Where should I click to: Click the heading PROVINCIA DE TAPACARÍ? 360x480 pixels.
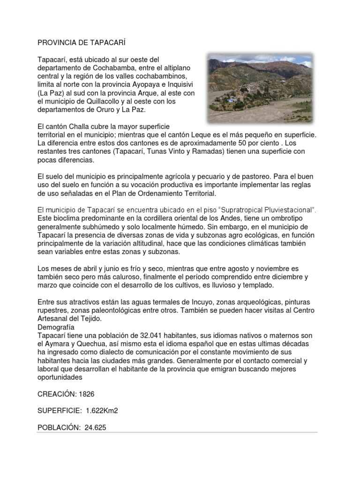82,43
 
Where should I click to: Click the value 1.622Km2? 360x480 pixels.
102,411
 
